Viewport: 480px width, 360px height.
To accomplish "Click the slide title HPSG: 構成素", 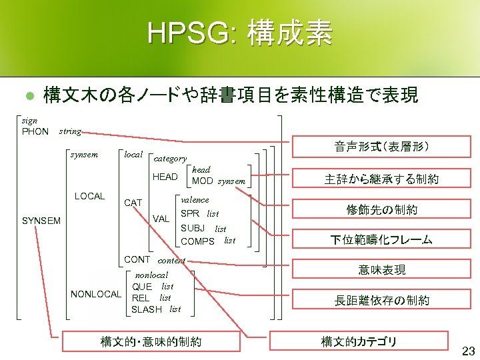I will (x=240, y=33).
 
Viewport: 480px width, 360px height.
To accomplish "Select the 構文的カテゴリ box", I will (x=359, y=342).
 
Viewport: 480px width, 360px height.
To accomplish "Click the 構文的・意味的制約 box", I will (x=151, y=342).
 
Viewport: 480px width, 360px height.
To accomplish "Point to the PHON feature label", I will (x=35, y=131).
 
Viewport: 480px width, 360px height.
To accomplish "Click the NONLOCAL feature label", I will (x=96, y=294).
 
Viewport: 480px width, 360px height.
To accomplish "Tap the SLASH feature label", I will (x=147, y=309).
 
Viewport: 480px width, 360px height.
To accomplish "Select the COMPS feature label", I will (x=197, y=241).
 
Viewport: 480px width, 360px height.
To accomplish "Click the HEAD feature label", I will (x=165, y=177).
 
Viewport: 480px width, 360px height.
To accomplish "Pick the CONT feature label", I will (x=137, y=259).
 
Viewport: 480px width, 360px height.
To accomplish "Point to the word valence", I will (x=195, y=199).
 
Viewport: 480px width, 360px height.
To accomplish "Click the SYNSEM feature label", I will (x=41, y=221).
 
